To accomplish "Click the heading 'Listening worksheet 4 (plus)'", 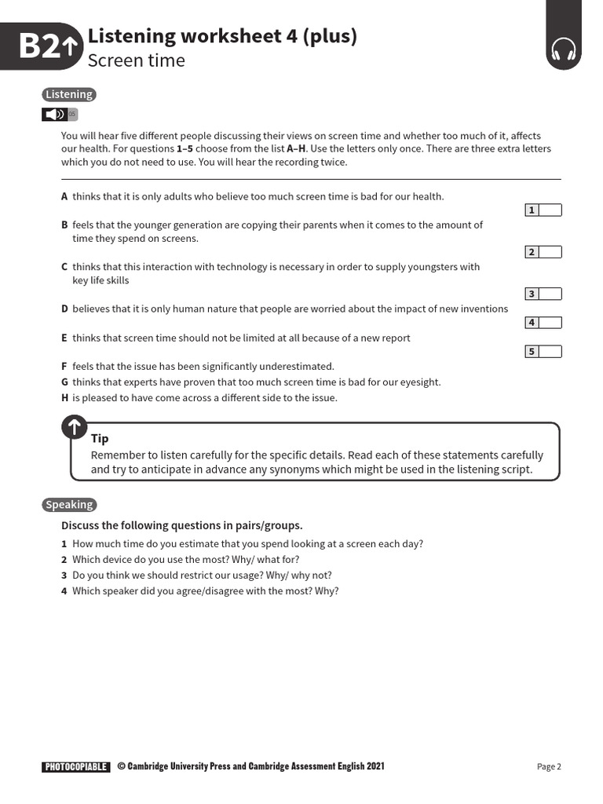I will pyautogui.click(x=222, y=35).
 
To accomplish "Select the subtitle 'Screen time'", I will pyautogui.click(x=136, y=60).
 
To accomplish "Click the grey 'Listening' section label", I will pyautogui.click(x=69, y=94).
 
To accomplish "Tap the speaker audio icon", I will pyautogui.click(x=55, y=115).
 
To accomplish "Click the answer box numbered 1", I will pyautogui.click(x=550, y=210).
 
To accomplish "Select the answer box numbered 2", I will pyautogui.click(x=550, y=252).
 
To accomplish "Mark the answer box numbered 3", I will pyautogui.click(x=550, y=294).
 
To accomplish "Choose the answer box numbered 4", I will pyautogui.click(x=550, y=323).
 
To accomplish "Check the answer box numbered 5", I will pyautogui.click(x=550, y=351).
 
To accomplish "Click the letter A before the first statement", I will pyautogui.click(x=64, y=196).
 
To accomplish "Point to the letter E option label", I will pyautogui.click(x=64, y=338).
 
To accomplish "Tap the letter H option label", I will pyautogui.click(x=64, y=397).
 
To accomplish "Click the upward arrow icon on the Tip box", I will pyautogui.click(x=75, y=428).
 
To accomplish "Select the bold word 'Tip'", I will pyautogui.click(x=100, y=439).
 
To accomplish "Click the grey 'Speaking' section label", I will pyautogui.click(x=69, y=505).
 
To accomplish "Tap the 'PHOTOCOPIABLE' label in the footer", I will pyautogui.click(x=76, y=767).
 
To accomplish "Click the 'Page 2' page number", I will pyautogui.click(x=549, y=767).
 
